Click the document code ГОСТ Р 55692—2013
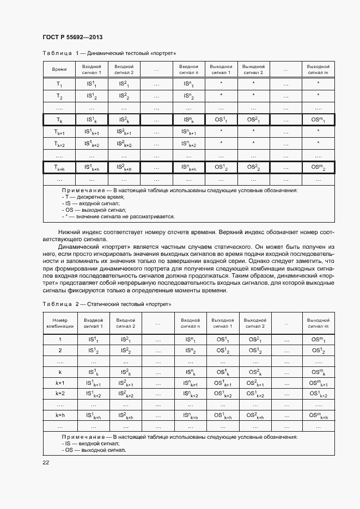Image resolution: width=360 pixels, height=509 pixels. click(72, 37)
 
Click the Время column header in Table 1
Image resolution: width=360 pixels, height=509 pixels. click(59, 70)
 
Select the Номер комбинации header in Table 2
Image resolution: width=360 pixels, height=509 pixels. click(60, 323)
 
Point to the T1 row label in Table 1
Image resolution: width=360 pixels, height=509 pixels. click(59, 84)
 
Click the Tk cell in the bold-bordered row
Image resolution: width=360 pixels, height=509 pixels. click(59, 120)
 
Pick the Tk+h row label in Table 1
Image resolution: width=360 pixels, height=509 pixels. click(59, 169)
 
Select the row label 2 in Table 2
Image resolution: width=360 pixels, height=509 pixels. click(60, 350)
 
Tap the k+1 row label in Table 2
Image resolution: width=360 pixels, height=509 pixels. click(60, 383)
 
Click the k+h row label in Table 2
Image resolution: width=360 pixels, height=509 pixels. click(60, 415)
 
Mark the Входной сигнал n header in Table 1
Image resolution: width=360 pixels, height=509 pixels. click(188, 69)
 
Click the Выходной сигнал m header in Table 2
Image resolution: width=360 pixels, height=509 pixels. click(318, 323)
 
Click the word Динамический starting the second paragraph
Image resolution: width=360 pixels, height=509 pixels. click(80, 247)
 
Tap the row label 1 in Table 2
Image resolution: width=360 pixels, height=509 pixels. click(60, 339)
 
